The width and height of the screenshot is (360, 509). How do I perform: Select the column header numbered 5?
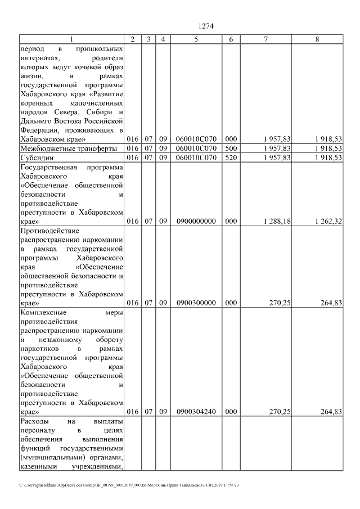(196, 39)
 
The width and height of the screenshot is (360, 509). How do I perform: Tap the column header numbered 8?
(317, 39)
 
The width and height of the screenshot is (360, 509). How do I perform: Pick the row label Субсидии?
(36, 157)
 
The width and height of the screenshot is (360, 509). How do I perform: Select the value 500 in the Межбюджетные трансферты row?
(231, 148)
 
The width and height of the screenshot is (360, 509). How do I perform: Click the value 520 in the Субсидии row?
(231, 157)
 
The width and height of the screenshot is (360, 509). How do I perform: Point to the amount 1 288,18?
(276, 221)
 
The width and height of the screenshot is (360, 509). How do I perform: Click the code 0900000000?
(196, 221)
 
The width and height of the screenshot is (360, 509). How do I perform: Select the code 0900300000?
(196, 303)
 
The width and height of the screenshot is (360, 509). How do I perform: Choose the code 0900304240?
(196, 412)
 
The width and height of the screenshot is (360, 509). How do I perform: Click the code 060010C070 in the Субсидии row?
(196, 157)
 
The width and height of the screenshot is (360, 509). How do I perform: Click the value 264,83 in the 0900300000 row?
(331, 303)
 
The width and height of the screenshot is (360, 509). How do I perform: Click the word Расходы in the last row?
(34, 421)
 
